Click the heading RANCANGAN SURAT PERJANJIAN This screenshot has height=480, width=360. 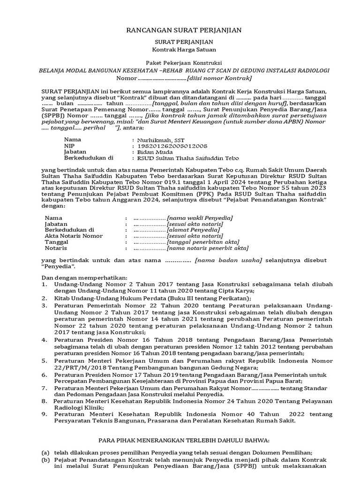click(184, 30)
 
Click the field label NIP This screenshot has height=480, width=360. click(69, 146)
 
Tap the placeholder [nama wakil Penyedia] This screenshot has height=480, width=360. click(200, 218)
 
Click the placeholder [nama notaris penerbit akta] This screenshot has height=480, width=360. click(208, 248)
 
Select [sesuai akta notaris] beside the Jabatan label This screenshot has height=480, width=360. click(195, 224)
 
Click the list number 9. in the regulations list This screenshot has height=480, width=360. click(44, 415)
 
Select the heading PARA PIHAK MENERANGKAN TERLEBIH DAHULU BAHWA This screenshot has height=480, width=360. click(183, 441)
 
